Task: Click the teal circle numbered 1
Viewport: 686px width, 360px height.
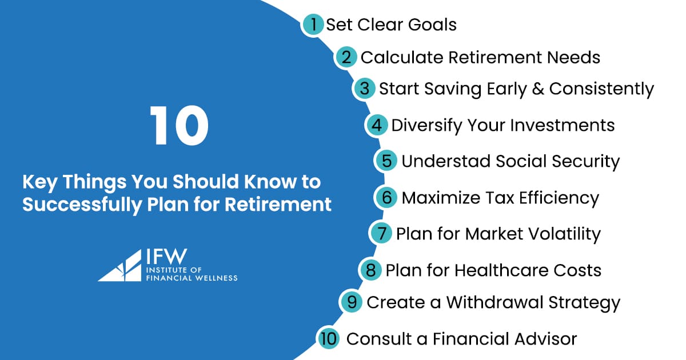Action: [x=313, y=25]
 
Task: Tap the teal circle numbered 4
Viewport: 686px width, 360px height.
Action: [x=376, y=125]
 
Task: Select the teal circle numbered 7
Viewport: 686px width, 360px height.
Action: [x=381, y=234]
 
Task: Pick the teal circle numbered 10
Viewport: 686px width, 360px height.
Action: [x=329, y=338]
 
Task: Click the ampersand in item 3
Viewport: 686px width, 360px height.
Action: [x=537, y=89]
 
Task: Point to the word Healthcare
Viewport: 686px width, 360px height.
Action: [x=505, y=270]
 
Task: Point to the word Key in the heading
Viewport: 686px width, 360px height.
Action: [x=39, y=182]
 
